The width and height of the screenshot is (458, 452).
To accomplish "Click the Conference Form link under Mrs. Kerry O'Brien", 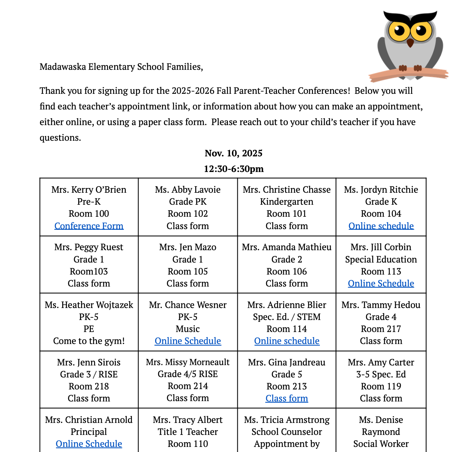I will (89, 226).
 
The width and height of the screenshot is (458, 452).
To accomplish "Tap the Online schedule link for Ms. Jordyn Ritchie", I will (381, 226).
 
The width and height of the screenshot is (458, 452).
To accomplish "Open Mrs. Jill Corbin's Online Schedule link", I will (381, 283).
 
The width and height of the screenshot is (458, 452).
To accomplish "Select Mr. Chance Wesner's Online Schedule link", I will (188, 341).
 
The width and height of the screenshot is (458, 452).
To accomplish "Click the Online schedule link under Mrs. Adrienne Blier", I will (287, 341).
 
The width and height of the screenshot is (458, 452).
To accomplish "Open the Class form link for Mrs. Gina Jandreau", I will (287, 398).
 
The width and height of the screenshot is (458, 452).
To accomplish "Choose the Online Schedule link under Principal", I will (89, 444).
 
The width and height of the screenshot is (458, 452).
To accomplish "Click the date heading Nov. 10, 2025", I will (233, 153).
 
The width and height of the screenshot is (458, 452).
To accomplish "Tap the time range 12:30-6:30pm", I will (233, 169).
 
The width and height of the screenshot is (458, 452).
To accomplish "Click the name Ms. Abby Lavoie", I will (188, 189).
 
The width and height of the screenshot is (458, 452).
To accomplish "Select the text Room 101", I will (287, 213).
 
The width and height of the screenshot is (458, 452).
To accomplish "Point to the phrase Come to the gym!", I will (89, 341).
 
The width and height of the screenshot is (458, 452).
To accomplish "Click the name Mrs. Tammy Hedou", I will (381, 305).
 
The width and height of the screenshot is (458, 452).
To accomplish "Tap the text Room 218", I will (89, 386).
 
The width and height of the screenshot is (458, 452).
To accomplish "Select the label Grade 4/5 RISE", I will (188, 374).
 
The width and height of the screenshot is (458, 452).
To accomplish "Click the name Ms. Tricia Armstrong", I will (287, 420).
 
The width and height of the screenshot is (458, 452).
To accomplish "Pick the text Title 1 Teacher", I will (188, 432).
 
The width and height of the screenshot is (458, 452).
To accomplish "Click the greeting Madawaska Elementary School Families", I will (121, 67).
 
